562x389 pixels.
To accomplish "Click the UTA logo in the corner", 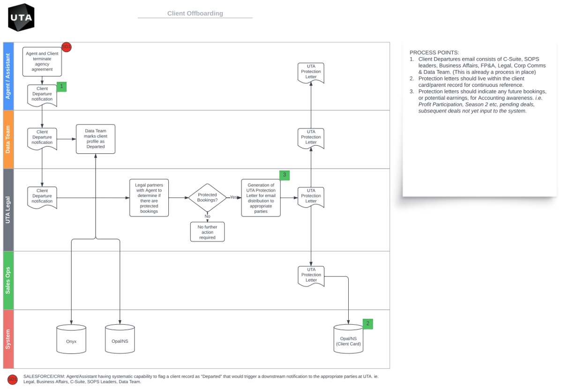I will click(x=21, y=17).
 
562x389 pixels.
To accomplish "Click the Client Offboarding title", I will click(x=195, y=14).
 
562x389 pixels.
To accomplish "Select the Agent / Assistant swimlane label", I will click(x=8, y=76).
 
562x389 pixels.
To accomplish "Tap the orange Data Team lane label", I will click(x=8, y=139).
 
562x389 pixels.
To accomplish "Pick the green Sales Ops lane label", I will click(x=8, y=280).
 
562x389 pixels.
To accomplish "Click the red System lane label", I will click(x=8, y=339).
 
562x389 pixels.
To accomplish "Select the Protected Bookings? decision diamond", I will click(x=207, y=197).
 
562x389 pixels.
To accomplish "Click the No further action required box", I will click(x=207, y=232).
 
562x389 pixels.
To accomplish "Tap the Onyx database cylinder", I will click(x=71, y=339).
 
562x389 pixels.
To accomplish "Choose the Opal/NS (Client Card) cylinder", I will click(x=348, y=339).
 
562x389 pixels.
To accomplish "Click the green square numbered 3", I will click(x=284, y=175).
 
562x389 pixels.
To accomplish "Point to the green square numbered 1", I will click(x=61, y=86).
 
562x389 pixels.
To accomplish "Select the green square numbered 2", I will click(x=367, y=323).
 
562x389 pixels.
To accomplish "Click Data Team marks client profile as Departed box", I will click(x=95, y=139).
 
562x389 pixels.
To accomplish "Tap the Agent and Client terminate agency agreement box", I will click(x=42, y=61).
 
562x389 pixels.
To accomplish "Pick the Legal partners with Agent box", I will click(x=149, y=198).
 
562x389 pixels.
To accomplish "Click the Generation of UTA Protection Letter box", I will click(x=261, y=198).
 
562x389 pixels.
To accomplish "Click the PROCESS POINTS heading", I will click(x=434, y=52).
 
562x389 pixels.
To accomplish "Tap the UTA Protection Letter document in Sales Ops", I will click(x=311, y=276).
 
